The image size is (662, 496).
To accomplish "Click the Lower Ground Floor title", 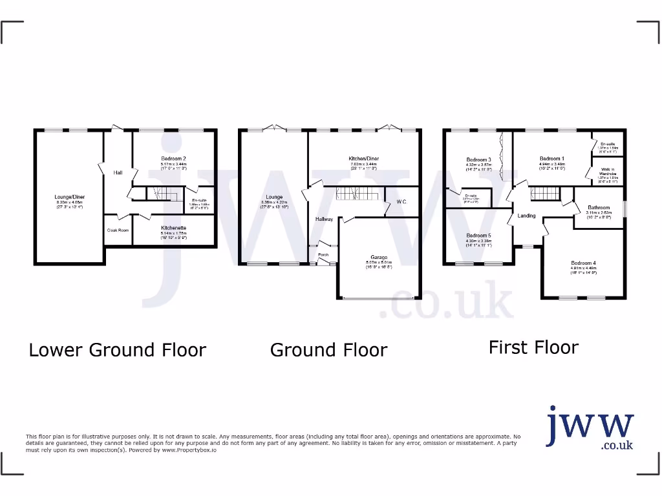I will pyautogui.click(x=117, y=350).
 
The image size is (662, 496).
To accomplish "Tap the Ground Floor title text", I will pyautogui.click(x=328, y=350).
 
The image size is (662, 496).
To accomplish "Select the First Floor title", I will pyautogui.click(x=533, y=347).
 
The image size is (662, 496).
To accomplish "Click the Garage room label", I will pyautogui.click(x=378, y=256).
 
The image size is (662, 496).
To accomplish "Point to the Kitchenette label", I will pyautogui.click(x=174, y=228).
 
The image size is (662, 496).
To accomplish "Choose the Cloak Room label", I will pyautogui.click(x=118, y=230).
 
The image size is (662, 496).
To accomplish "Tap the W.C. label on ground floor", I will pyautogui.click(x=401, y=202).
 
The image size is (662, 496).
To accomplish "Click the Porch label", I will pyautogui.click(x=323, y=254).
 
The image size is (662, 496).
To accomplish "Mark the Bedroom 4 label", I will pyautogui.click(x=583, y=263).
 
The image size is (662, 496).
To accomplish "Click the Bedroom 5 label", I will pyautogui.click(x=479, y=236).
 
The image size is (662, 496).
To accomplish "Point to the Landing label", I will pyautogui.click(x=526, y=215).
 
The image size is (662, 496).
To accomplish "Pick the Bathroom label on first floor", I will pyautogui.click(x=599, y=207).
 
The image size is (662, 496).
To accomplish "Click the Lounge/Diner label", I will pyautogui.click(x=70, y=196).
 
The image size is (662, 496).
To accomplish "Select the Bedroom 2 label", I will pyautogui.click(x=174, y=158).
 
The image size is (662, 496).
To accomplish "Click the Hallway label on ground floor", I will pyautogui.click(x=324, y=219).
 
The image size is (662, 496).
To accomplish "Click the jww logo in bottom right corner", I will pyautogui.click(x=590, y=428).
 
